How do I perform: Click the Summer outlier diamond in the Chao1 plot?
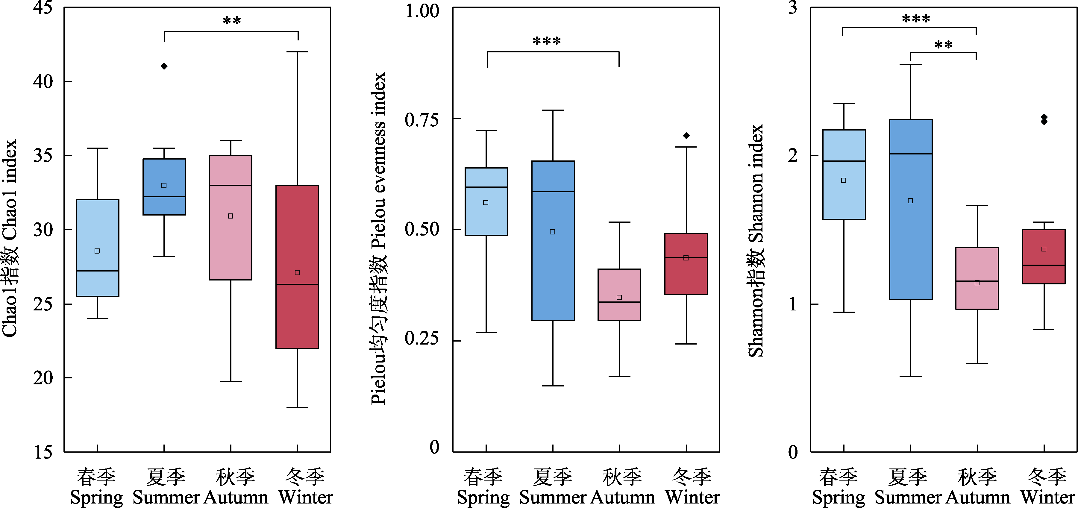point(164,66)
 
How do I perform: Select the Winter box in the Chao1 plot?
point(297,266)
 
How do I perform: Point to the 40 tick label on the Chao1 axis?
point(43,81)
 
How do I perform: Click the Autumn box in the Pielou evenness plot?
point(619,295)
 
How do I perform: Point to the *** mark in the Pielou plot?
point(547,41)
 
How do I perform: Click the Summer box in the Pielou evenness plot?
point(553,241)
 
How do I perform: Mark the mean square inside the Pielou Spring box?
point(486,203)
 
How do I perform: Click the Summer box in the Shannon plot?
point(911,209)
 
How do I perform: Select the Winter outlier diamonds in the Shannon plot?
point(1044,119)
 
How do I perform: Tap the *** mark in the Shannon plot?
point(916,19)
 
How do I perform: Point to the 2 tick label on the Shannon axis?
point(793,156)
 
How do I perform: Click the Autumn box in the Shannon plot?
point(977,278)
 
